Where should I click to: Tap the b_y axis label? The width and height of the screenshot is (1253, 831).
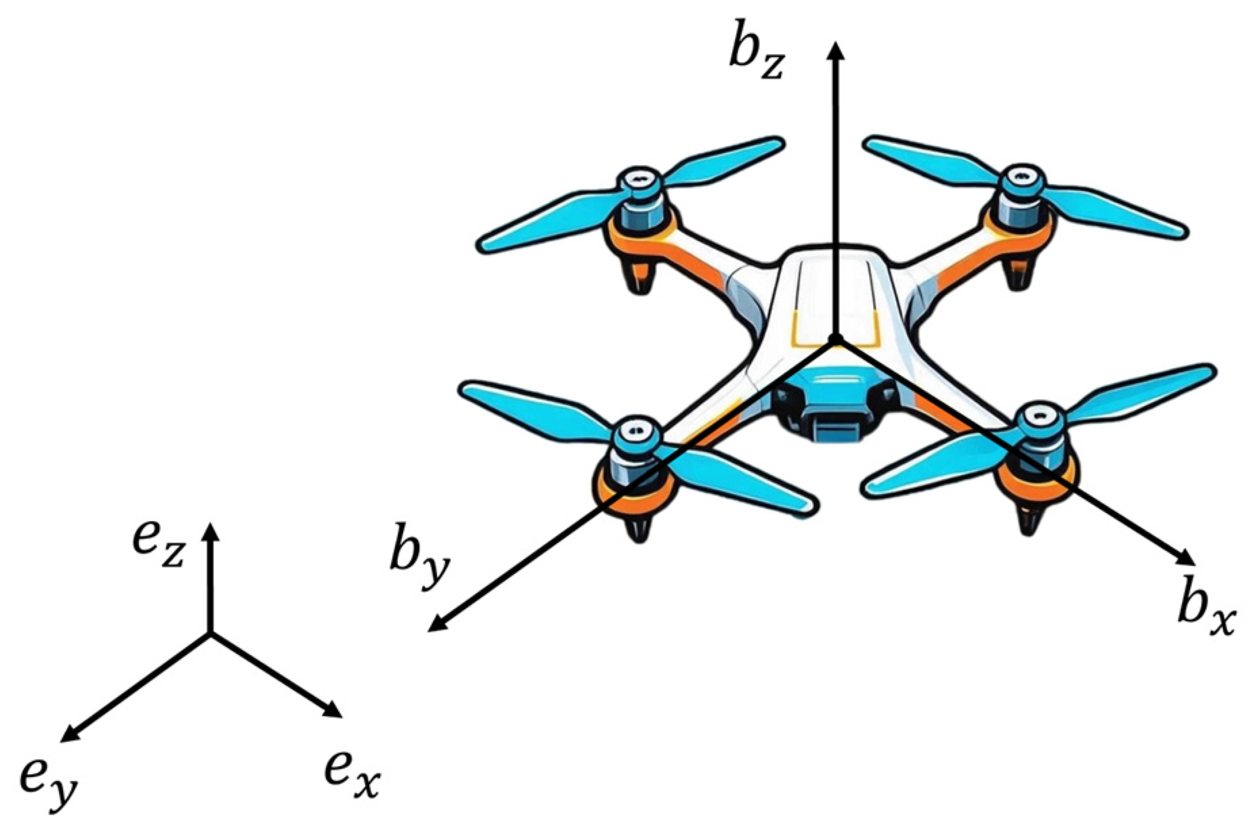coord(419,563)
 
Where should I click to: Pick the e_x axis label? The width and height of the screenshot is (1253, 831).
coord(352,773)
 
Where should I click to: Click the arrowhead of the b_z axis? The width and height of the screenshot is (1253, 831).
coord(837,49)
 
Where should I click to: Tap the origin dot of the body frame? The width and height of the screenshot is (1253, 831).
coord(836,338)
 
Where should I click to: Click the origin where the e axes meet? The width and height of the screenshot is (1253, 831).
coord(210,633)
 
